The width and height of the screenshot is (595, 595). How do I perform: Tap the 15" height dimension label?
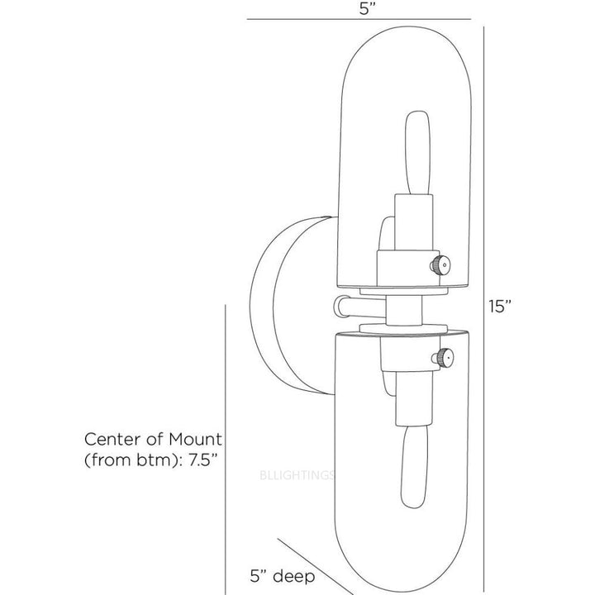click(501, 307)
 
